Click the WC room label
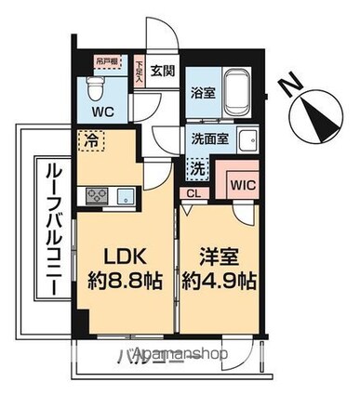[x=100, y=114]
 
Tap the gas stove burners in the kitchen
[x=97, y=195]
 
